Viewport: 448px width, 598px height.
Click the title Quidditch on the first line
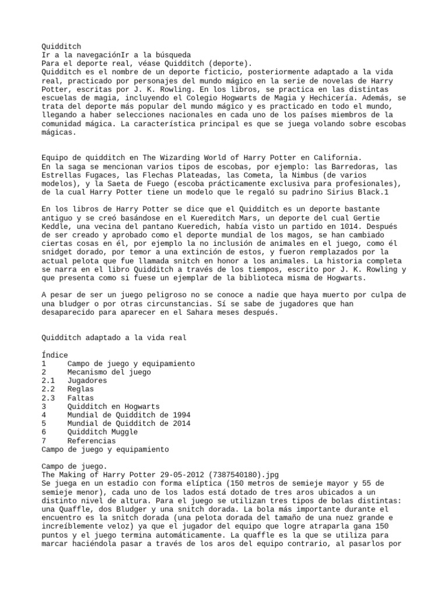(61, 46)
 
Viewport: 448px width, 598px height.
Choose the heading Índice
(55, 354)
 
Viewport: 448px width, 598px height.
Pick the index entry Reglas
(80, 389)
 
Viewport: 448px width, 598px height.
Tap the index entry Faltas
(80, 398)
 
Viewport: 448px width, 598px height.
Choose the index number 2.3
(48, 398)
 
